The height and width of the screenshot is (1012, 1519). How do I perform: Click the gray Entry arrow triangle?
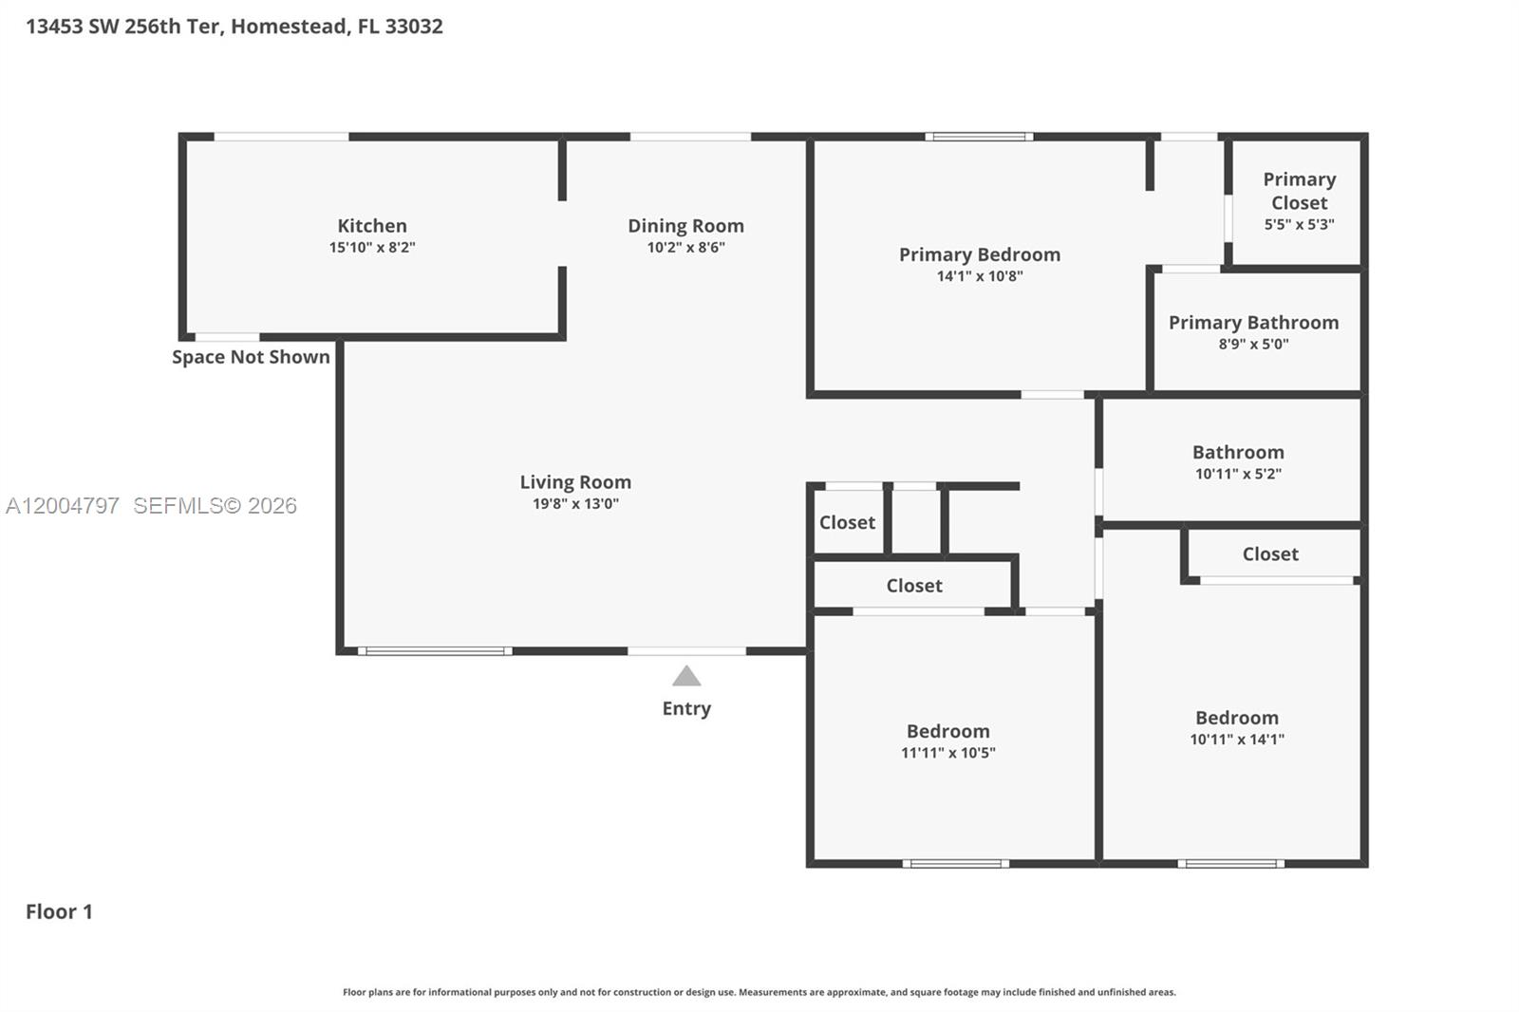(686, 677)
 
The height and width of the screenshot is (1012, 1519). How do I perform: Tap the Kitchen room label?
(372, 226)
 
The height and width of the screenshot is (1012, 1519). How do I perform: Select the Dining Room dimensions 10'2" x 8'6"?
(685, 248)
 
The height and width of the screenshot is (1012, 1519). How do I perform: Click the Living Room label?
(575, 482)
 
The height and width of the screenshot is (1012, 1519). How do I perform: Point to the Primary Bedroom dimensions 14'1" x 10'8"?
(980, 276)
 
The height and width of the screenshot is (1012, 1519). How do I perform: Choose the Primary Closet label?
(1299, 191)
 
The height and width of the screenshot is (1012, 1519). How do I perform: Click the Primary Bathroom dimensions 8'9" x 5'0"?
(1253, 345)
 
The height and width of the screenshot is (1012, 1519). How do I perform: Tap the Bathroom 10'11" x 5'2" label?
(1238, 453)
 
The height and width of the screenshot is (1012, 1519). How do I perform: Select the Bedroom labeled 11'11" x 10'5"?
(947, 731)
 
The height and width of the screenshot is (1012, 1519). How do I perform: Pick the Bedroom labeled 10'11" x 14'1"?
(1236, 718)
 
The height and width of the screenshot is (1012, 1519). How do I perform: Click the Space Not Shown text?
(251, 357)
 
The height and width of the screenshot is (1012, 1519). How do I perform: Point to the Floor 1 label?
(59, 911)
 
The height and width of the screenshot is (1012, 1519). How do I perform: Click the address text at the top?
(234, 27)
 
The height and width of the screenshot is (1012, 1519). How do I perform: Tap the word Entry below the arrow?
(686, 708)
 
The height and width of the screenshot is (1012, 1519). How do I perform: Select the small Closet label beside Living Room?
(847, 522)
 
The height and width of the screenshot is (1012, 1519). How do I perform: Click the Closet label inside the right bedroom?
(1270, 553)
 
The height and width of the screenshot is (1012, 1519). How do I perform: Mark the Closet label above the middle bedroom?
(914, 586)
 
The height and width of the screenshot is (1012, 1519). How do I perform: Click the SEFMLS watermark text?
(215, 506)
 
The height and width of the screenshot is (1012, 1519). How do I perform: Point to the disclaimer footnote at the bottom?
(759, 992)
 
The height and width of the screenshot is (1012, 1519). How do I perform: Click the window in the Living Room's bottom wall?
(435, 651)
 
